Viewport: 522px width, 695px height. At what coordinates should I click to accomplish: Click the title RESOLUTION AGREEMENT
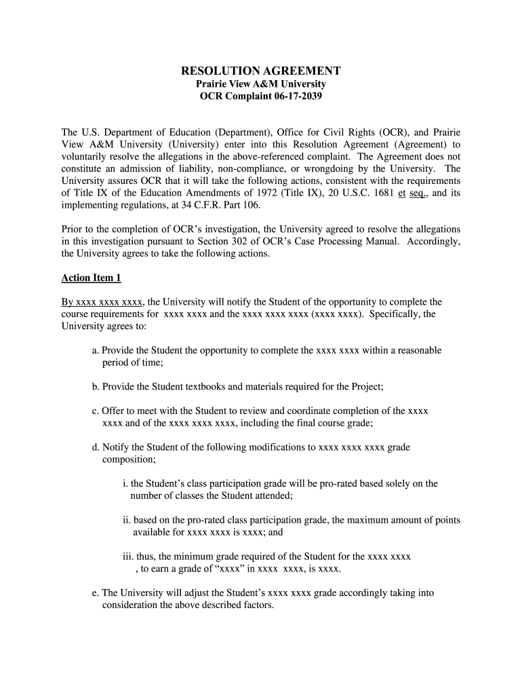(x=260, y=71)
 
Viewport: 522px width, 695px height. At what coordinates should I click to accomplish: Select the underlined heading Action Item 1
(x=91, y=278)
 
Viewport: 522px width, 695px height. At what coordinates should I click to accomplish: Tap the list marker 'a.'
(x=96, y=350)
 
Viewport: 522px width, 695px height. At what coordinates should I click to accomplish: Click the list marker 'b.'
(x=96, y=387)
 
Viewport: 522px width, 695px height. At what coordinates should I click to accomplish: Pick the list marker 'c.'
(x=96, y=411)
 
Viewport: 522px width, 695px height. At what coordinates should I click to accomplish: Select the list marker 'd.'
(x=96, y=447)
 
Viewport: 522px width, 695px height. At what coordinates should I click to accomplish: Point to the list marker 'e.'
(x=96, y=593)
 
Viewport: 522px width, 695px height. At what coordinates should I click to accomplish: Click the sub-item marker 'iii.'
(x=128, y=557)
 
